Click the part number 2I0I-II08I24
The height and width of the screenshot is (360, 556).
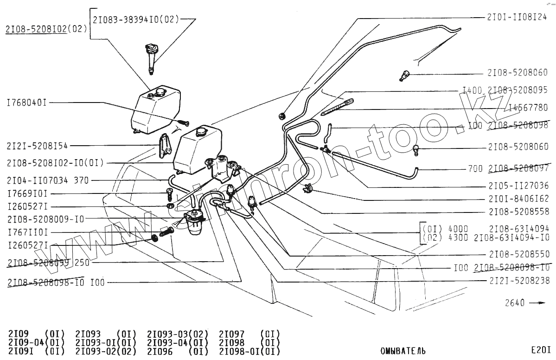click(517, 17)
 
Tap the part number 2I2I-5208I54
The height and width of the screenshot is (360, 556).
click(37, 146)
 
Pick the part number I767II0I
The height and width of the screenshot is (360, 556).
click(27, 231)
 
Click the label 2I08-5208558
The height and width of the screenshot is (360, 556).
click(518, 212)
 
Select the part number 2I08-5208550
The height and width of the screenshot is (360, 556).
click(518, 254)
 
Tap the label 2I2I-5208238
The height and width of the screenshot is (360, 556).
click(518, 281)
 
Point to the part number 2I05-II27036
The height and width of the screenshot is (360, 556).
click(518, 186)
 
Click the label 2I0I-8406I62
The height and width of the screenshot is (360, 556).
click(518, 199)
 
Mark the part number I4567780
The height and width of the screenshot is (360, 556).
click(528, 107)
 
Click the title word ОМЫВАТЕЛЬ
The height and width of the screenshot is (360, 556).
click(403, 351)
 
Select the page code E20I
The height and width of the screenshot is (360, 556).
click(541, 350)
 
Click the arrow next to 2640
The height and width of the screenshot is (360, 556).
click(537, 303)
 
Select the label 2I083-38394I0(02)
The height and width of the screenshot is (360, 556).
click(135, 20)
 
